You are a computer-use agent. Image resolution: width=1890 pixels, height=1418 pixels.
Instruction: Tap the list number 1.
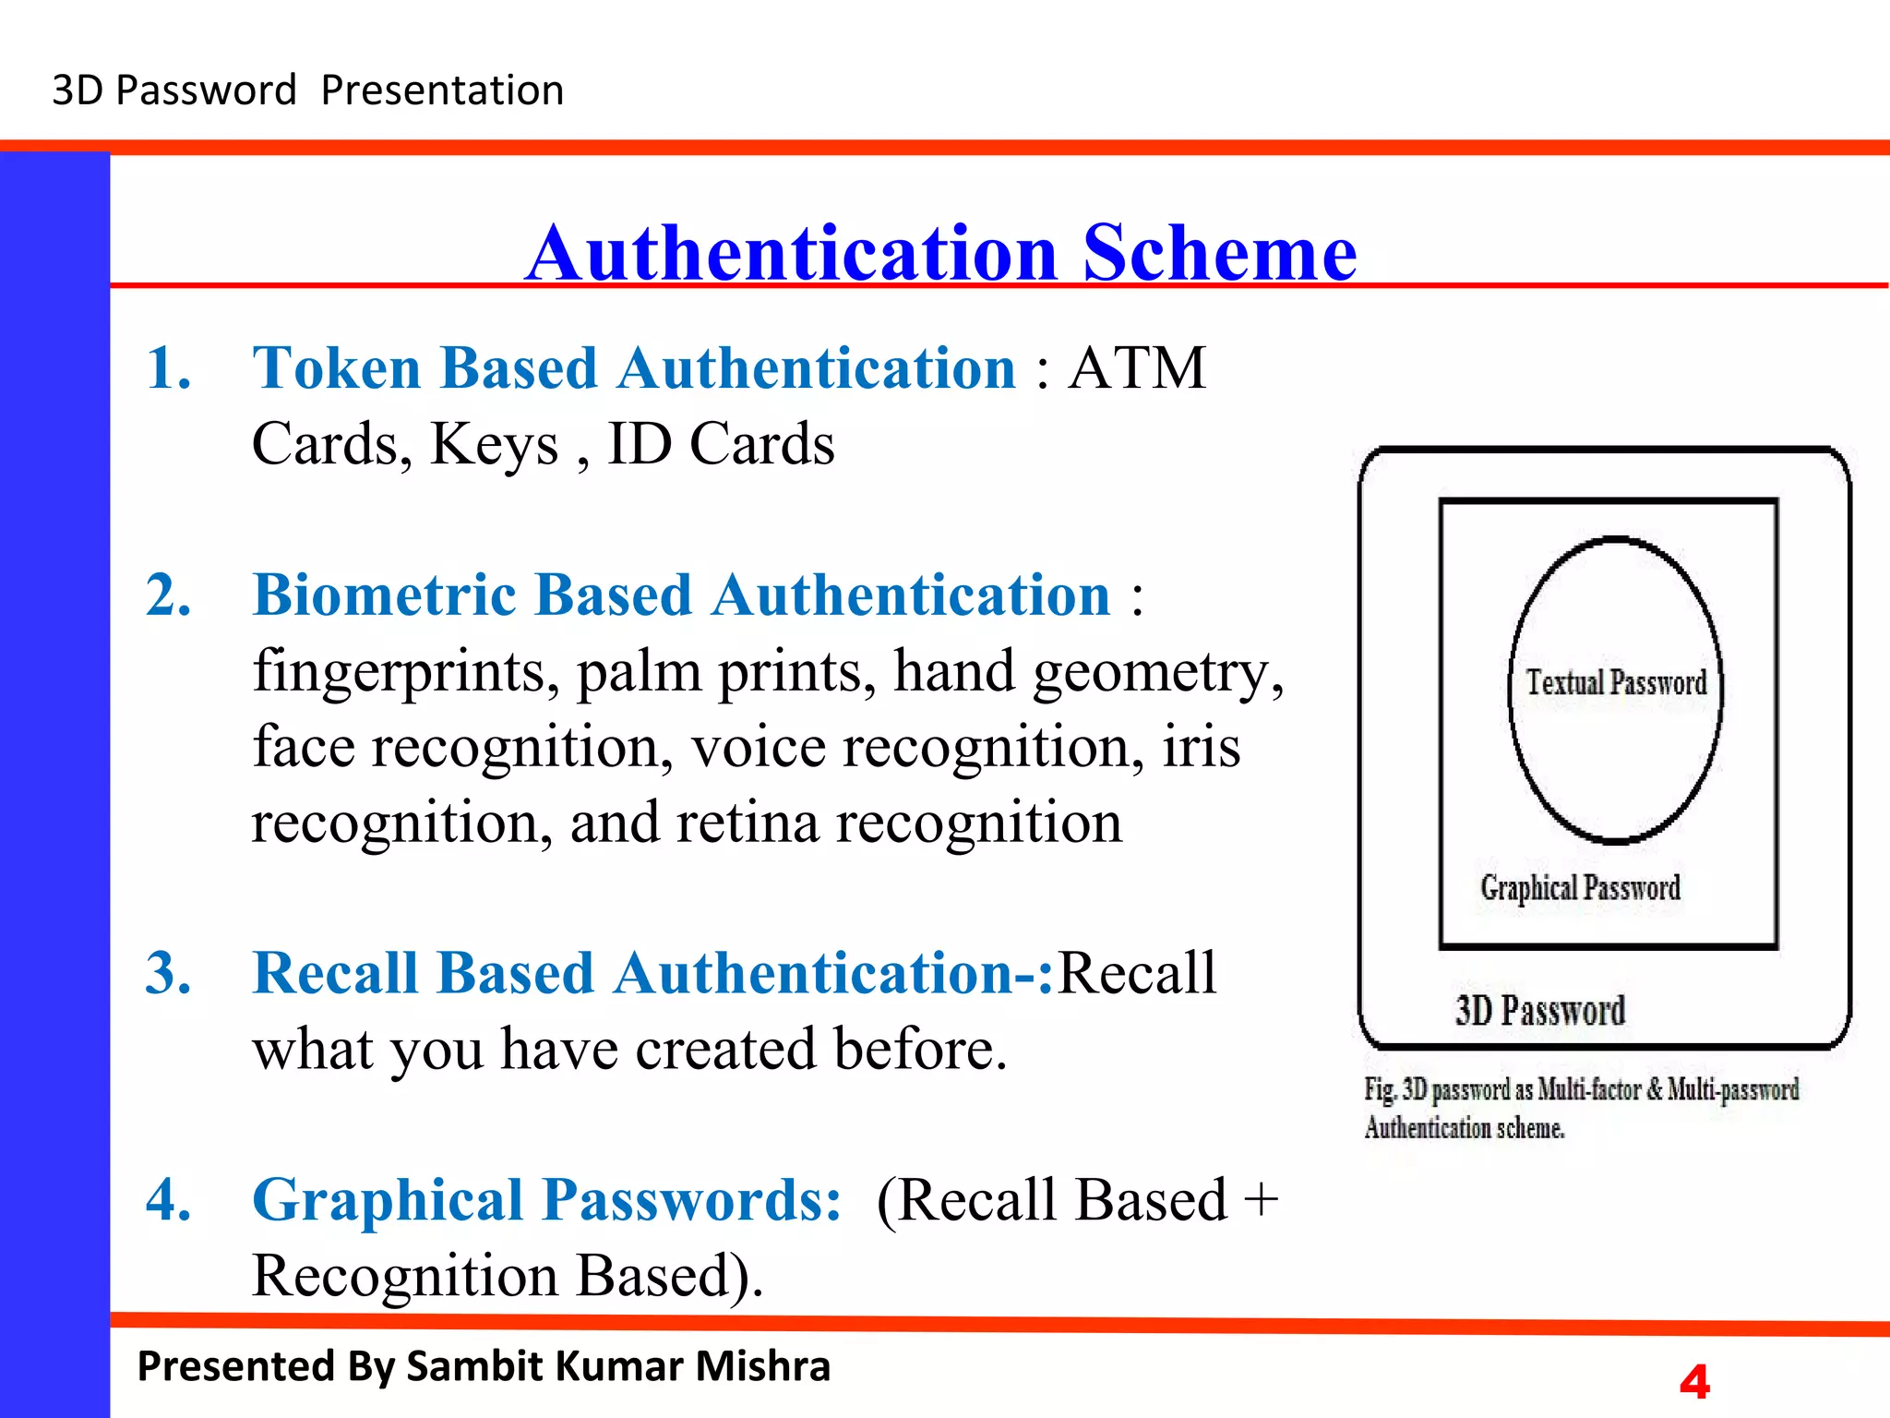click(x=168, y=368)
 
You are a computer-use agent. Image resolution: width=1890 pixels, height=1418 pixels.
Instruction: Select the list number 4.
click(x=168, y=1200)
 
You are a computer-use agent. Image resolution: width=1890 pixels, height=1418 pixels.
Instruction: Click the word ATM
click(x=1137, y=368)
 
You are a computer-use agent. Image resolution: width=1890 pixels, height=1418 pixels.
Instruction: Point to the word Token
click(x=337, y=368)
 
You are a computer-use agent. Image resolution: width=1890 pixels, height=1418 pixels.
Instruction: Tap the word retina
click(x=747, y=823)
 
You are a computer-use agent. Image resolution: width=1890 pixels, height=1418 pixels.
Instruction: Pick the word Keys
click(x=495, y=445)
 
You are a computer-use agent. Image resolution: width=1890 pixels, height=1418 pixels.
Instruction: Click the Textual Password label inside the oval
click(x=1616, y=683)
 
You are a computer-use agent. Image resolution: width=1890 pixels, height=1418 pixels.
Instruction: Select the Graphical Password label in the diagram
click(x=1580, y=888)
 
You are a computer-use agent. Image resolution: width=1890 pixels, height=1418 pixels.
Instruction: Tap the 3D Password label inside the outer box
click(x=1540, y=1011)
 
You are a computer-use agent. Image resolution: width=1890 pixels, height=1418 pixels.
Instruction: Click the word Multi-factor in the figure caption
click(x=1589, y=1090)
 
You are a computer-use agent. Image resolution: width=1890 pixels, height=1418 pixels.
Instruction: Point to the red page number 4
click(x=1694, y=1382)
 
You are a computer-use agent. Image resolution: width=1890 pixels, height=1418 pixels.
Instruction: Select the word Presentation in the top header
click(x=442, y=90)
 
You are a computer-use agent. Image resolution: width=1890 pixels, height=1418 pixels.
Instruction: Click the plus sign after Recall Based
click(x=1261, y=1200)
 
